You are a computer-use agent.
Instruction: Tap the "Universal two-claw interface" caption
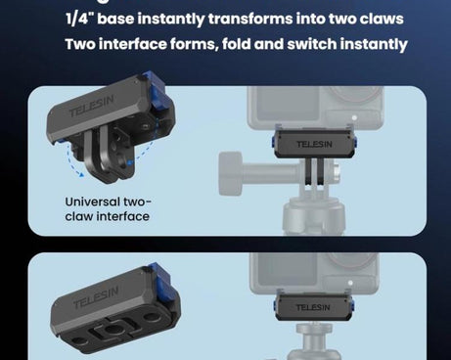coord(108,208)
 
